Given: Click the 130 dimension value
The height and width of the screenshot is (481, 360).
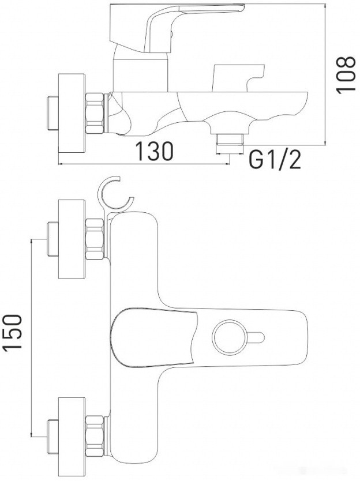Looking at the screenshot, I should pos(154,152).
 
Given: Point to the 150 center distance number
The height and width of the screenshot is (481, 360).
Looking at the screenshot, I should pos(13,332).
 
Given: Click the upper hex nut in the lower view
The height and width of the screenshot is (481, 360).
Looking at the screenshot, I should pos(95,238).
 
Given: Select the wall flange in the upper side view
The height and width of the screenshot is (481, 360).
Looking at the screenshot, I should pos(73,112).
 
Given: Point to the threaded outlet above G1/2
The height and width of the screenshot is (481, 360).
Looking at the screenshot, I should pos(230,139).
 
